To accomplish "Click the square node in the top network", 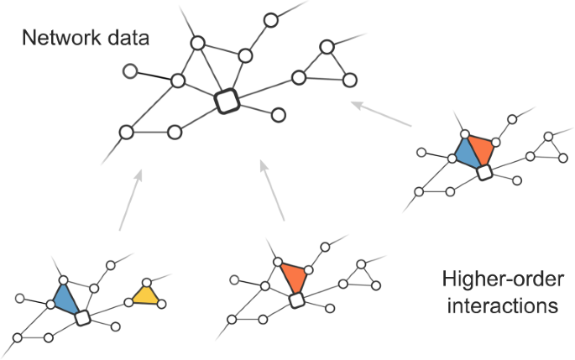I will click(x=227, y=102).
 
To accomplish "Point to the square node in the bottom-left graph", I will click(x=82, y=318).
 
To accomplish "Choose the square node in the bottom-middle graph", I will click(x=295, y=300).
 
